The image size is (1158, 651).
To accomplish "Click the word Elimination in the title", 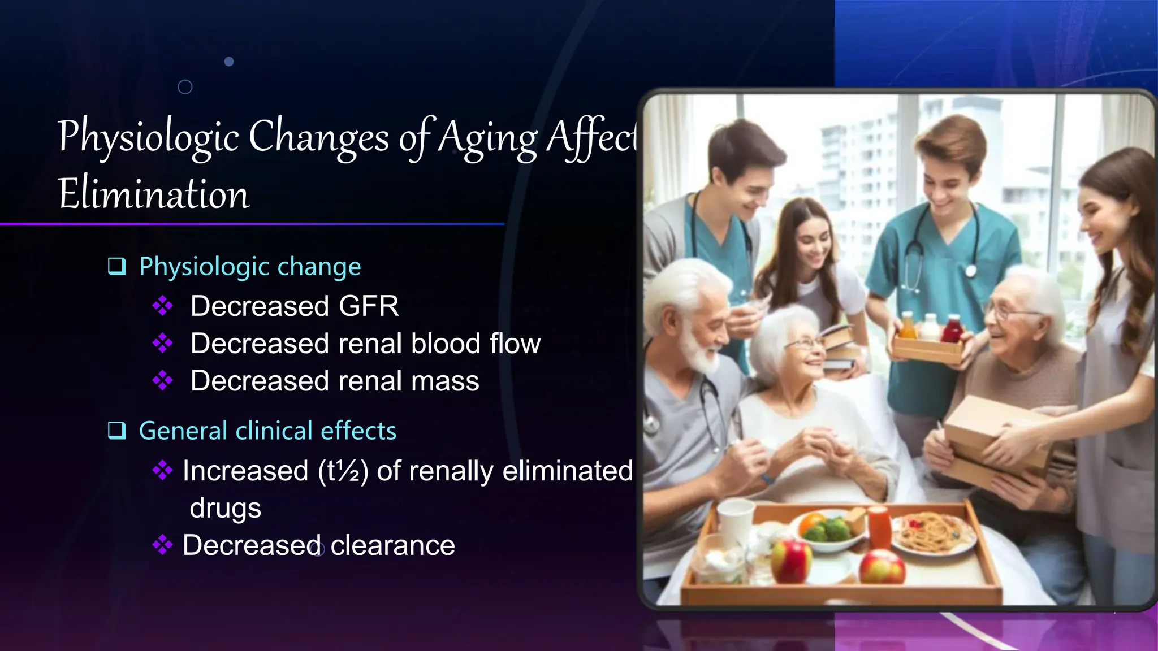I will click(153, 194).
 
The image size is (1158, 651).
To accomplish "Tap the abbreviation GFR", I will click(368, 306).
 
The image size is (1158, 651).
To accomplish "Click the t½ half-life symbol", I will click(343, 471).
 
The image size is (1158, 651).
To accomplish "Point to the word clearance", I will click(392, 546).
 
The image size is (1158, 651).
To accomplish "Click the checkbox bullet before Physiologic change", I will click(116, 266).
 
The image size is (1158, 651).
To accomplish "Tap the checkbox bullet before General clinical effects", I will click(116, 431).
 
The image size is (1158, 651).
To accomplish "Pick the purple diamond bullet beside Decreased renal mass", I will click(162, 381).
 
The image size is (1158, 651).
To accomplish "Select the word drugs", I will click(225, 508).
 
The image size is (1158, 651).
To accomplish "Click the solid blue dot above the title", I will click(229, 62).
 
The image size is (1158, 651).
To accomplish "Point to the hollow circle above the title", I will click(185, 87).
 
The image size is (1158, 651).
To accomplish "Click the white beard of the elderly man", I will click(701, 350).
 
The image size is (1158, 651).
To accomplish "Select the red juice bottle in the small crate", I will click(952, 329).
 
